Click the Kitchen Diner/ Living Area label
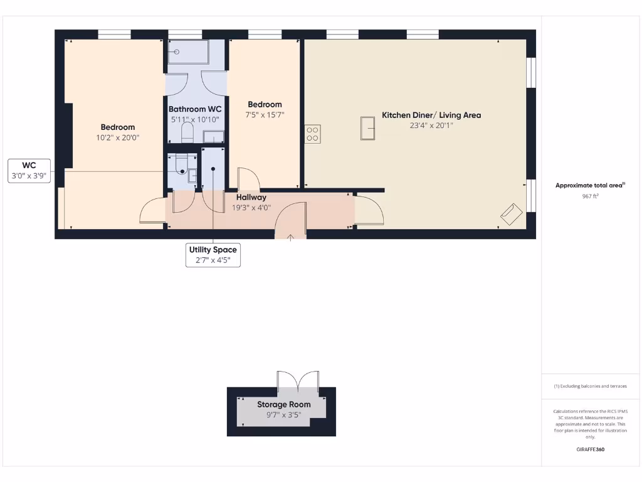[x=431, y=115]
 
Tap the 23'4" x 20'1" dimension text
[x=431, y=125]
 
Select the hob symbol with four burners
[x=312, y=134]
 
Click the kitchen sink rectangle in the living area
[x=367, y=129]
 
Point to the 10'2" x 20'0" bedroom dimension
[x=118, y=137]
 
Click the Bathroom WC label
[x=195, y=109]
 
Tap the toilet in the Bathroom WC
[x=187, y=132]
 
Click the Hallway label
[x=251, y=197]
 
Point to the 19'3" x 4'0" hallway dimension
[x=251, y=207]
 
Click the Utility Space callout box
[x=213, y=255]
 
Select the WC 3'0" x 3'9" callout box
[x=29, y=171]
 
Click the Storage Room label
[x=283, y=404]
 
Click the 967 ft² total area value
[x=591, y=196]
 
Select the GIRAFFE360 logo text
[x=591, y=449]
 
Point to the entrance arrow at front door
[x=290, y=237]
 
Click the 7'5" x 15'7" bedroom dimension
[x=265, y=115]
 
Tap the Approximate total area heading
[x=590, y=185]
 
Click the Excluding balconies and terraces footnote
[x=590, y=386]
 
